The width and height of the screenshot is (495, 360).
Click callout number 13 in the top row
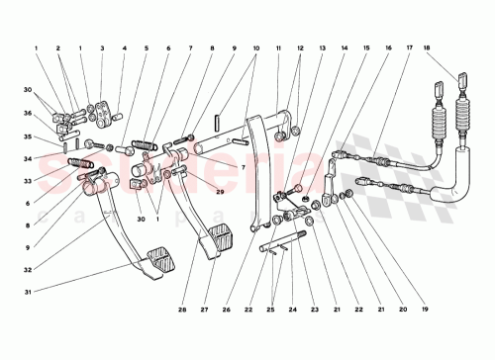point(321,47)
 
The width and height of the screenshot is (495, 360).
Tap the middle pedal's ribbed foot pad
point(217,240)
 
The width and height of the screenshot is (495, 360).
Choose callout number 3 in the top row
point(101,47)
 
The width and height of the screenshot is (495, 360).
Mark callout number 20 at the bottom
point(403,310)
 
